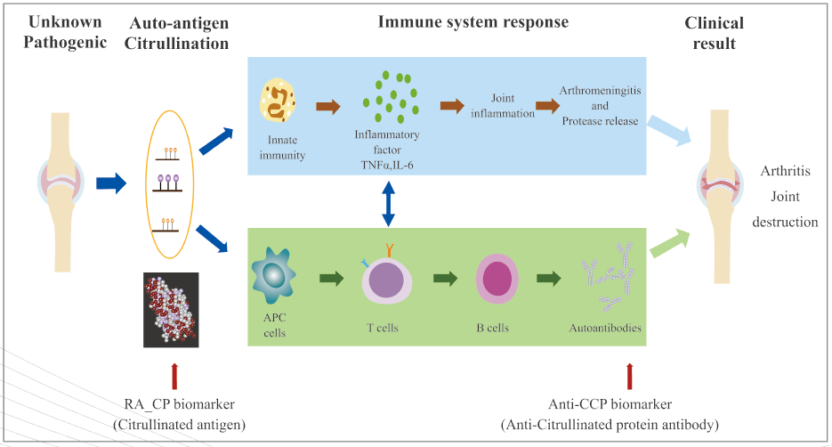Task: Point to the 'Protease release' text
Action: [x=600, y=121]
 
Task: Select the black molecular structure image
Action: [x=170, y=309]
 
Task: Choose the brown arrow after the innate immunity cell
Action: [x=328, y=108]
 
